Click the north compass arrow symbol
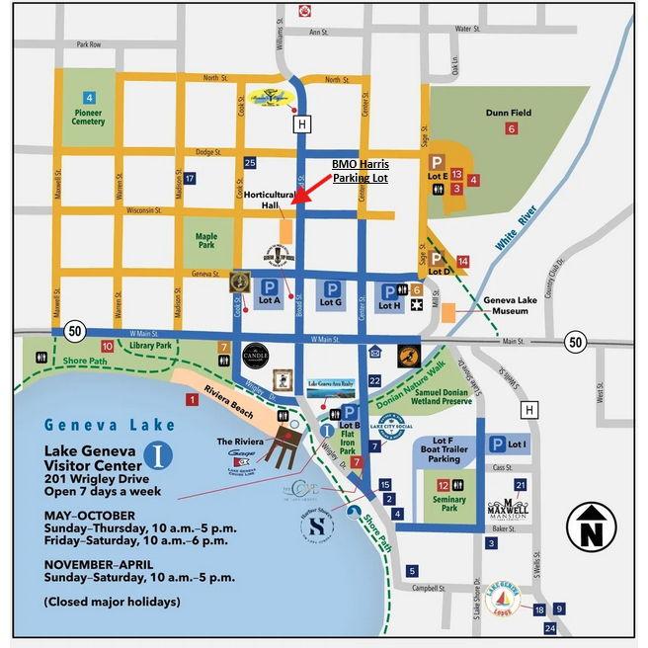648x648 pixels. pyautogui.click(x=591, y=526)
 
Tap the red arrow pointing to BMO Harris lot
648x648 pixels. pyautogui.click(x=315, y=192)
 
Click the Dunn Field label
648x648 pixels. pyautogui.click(x=508, y=113)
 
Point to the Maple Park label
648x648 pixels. pyautogui.click(x=206, y=239)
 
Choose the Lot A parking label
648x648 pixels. pyautogui.click(x=270, y=301)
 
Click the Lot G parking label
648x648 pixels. pyautogui.click(x=331, y=301)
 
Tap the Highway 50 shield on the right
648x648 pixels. pyautogui.click(x=575, y=342)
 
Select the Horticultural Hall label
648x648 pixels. pyautogui.click(x=269, y=200)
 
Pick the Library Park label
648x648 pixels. pyautogui.click(x=150, y=346)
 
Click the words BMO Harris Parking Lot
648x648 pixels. pyautogui.click(x=359, y=172)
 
